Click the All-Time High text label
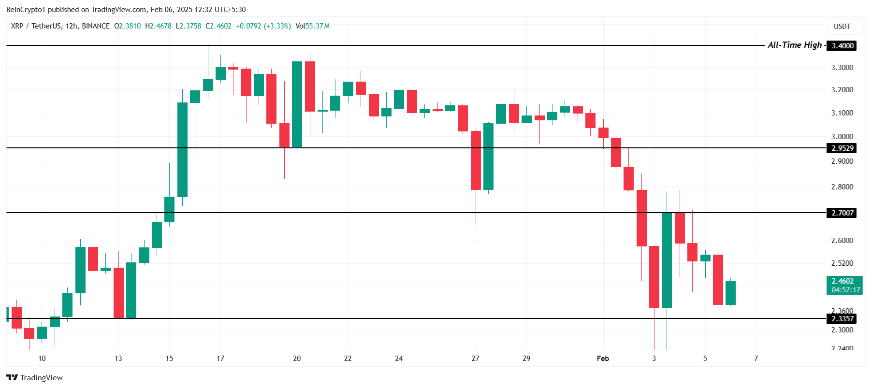point(795,45)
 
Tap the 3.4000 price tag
point(842,46)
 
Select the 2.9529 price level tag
point(842,148)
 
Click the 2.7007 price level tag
point(842,213)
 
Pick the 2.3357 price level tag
point(842,319)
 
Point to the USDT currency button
point(842,27)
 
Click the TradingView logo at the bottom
point(35,378)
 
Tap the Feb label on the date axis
point(603,359)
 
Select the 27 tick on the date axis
point(475,359)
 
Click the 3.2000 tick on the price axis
point(842,90)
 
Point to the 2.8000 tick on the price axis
point(842,187)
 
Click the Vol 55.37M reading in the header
point(312,26)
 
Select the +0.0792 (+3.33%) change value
point(263,26)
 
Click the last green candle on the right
point(730,293)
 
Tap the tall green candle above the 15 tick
point(182,150)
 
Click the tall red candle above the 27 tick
point(476,160)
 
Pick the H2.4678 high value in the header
point(159,26)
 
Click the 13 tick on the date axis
point(118,359)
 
